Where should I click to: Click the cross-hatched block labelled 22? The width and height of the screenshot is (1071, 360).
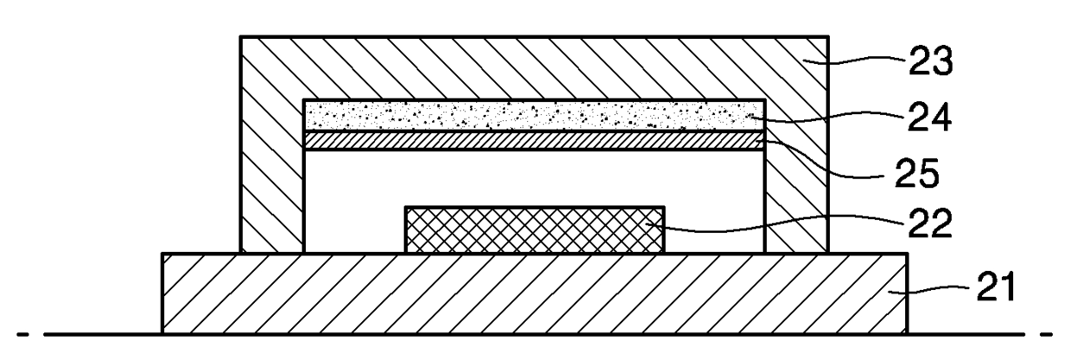point(534,230)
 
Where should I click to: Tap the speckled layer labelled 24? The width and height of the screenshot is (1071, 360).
point(534,115)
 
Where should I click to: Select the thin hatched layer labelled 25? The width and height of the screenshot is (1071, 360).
point(534,140)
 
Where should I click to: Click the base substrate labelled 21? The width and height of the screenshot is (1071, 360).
point(534,293)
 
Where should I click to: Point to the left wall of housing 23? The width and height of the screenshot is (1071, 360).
point(272,173)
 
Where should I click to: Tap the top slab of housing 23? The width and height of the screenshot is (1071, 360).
point(534,67)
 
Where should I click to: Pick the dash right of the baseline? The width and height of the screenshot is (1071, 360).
point(1046,333)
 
